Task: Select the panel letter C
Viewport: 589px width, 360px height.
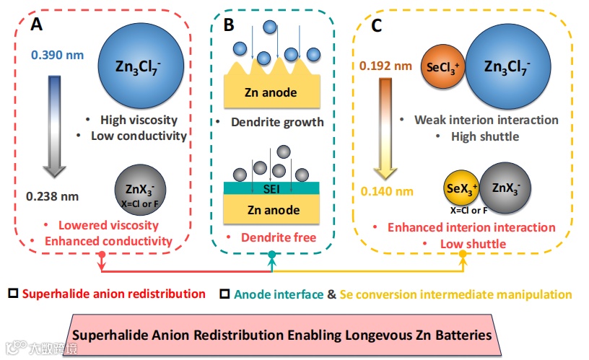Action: coord(376,27)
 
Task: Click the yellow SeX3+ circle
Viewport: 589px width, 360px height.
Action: coord(461,190)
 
